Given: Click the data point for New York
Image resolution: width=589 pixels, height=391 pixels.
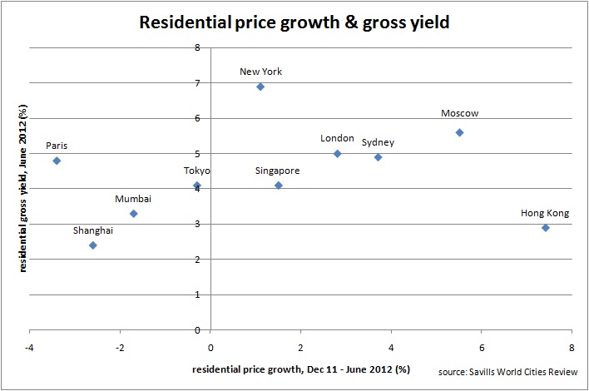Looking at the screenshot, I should click(260, 87).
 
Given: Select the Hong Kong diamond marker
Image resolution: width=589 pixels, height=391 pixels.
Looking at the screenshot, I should click(545, 228).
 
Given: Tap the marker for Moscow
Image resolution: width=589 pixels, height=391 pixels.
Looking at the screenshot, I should click(459, 132).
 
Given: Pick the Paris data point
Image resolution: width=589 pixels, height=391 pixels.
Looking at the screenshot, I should click(57, 161).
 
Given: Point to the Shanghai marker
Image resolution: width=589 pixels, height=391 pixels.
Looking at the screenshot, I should click(93, 245).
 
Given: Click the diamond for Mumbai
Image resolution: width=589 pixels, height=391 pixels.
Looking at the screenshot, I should click(133, 214).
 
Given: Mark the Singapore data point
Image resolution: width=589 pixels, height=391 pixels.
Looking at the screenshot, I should click(279, 186).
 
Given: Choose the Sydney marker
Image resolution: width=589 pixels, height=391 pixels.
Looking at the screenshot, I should click(378, 157).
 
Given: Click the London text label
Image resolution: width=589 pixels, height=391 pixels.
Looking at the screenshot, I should click(337, 138).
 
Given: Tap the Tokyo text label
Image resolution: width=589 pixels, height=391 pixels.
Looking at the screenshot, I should click(197, 171).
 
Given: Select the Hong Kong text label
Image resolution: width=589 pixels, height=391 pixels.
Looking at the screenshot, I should click(545, 213).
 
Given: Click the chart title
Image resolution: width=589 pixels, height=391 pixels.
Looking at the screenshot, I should click(295, 23).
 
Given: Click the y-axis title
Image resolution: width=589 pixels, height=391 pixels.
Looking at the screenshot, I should click(24, 190).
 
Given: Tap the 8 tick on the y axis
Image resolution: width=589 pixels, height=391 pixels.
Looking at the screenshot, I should click(197, 48).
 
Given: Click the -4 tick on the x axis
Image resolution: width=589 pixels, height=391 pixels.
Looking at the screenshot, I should click(31, 345).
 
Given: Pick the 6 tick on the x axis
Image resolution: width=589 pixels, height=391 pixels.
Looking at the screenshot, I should click(482, 345).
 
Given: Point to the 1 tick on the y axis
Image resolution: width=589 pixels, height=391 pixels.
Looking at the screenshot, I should click(197, 294).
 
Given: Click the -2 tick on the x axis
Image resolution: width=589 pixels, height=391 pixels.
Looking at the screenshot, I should click(121, 345).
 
